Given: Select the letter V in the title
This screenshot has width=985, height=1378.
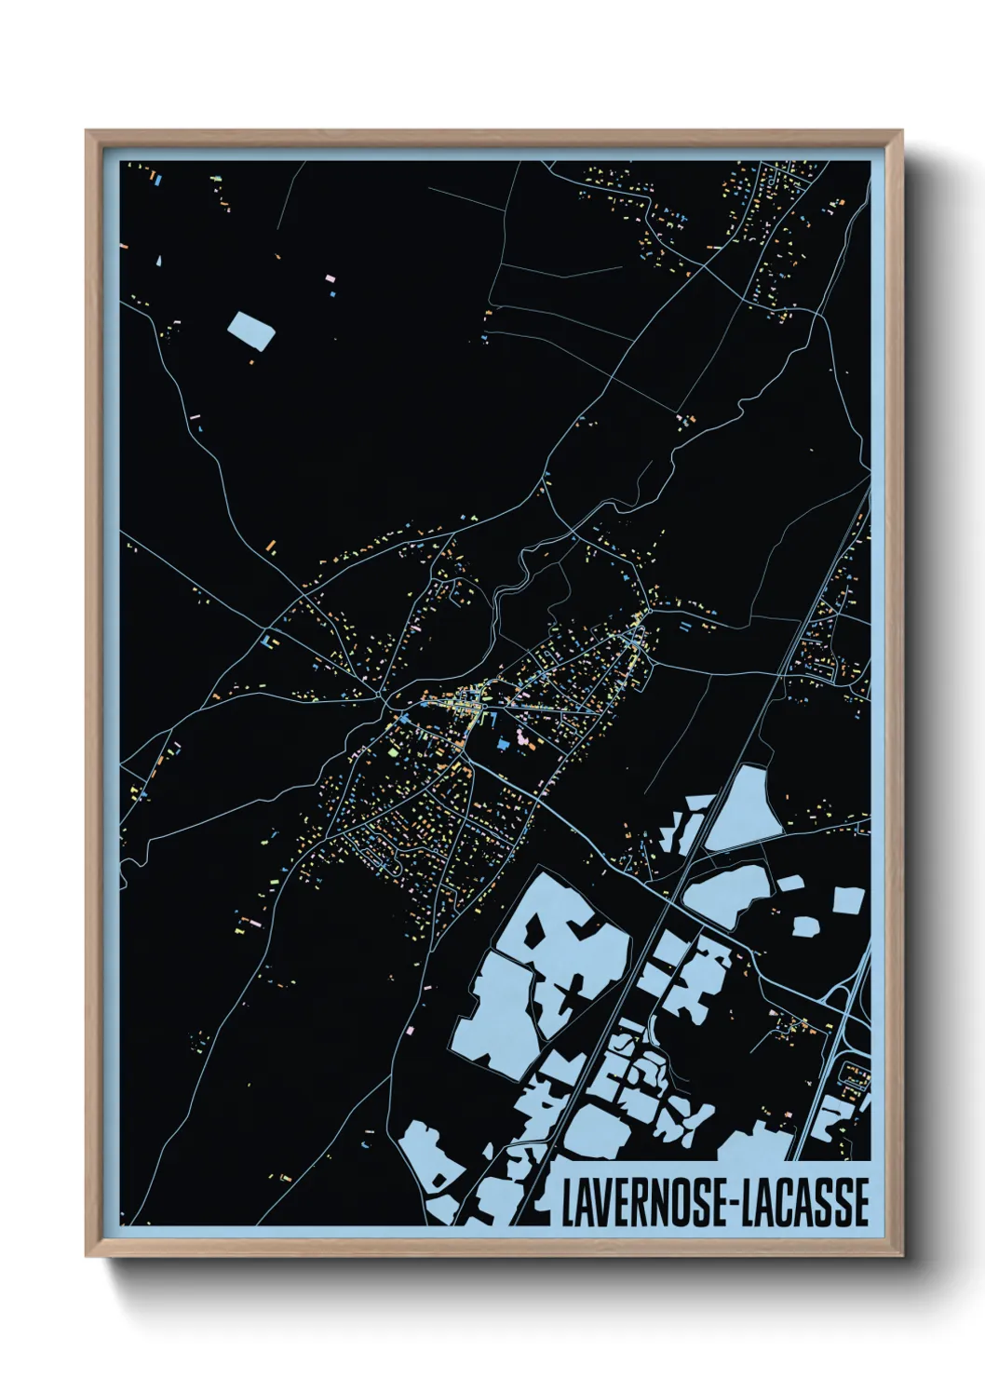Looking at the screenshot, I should coord(607,1202).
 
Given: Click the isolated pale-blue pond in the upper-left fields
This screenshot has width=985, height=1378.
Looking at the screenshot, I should coord(251,331).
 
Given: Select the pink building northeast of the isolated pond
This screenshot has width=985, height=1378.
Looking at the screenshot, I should coord(330,277).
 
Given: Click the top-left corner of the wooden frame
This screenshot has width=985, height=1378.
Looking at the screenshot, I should coord(88,132).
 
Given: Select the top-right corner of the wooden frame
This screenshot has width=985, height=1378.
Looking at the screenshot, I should coord(901,132).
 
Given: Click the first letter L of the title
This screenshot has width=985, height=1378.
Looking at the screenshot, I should coord(567,1202).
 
